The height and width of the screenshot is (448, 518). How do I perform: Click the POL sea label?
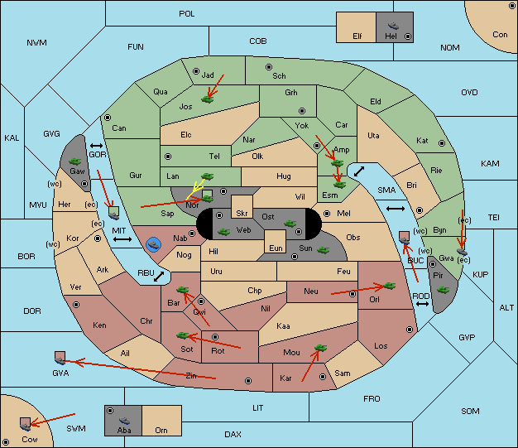(187, 14)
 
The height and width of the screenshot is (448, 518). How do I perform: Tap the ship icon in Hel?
(393, 26)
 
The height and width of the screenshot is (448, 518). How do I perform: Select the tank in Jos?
(207, 99)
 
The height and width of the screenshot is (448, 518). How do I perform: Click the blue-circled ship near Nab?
(154, 245)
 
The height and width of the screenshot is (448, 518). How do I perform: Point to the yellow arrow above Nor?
(195, 190)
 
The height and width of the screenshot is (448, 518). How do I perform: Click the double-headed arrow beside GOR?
(97, 146)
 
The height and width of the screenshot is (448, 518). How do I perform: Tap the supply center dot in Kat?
(442, 143)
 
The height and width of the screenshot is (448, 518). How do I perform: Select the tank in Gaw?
(75, 161)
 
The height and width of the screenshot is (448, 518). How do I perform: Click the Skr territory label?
(242, 214)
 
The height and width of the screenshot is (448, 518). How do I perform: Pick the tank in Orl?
(389, 286)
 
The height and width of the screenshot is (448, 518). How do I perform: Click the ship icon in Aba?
(124, 421)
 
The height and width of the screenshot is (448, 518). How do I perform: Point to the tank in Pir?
(443, 290)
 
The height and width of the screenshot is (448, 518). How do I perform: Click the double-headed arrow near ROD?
(422, 304)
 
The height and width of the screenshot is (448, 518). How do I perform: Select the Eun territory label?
(276, 248)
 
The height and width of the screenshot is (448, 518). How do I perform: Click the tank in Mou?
(320, 348)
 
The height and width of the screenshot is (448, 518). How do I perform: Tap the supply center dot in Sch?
(269, 67)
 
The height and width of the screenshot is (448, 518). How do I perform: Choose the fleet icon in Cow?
(25, 424)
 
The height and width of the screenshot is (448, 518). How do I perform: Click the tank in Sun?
(323, 250)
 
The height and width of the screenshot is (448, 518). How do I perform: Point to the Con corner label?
(500, 35)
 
